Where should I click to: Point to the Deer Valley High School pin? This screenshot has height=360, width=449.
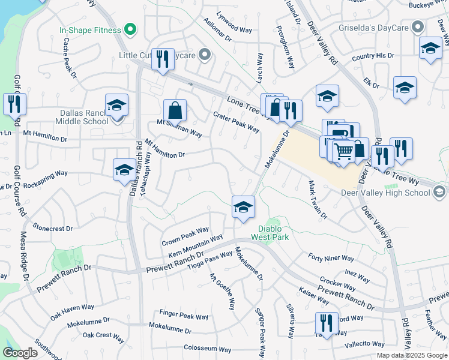[x=439, y=193]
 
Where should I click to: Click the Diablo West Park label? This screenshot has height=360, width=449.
[x=273, y=233]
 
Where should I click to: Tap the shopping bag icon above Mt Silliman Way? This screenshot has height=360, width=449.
[x=175, y=110]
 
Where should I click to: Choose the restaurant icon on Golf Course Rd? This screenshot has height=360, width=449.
[x=14, y=104]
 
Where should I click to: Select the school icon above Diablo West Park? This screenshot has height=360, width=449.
[x=243, y=207]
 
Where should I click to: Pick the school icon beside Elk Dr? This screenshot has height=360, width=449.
[x=405, y=88]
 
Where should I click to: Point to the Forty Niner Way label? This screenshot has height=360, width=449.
[x=331, y=258]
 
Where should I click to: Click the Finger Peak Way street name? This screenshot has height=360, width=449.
[x=184, y=316]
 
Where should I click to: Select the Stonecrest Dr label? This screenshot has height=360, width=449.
[x=53, y=229]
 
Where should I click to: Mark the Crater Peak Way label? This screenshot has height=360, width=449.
[x=237, y=121]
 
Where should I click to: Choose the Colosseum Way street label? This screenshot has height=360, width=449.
[x=208, y=349]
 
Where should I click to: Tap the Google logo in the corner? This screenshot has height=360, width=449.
[x=20, y=353]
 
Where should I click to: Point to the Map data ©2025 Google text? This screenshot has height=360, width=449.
[x=411, y=355]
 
